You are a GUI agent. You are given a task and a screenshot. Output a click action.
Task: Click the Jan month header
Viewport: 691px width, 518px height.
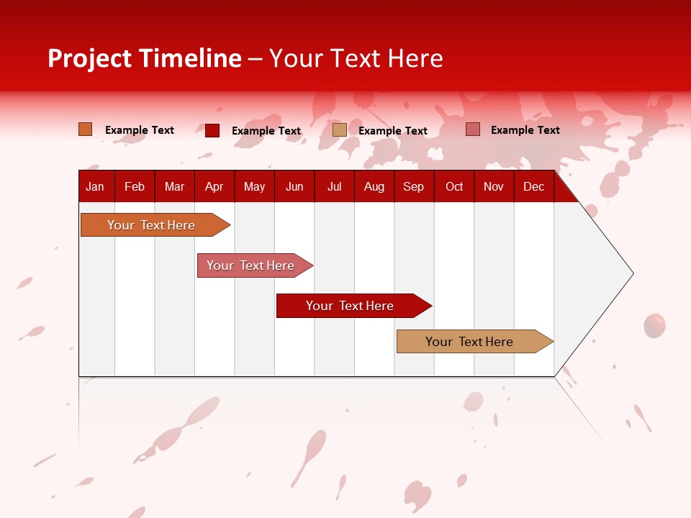point(95,186)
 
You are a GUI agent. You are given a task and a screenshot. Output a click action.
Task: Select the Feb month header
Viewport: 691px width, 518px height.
point(135,186)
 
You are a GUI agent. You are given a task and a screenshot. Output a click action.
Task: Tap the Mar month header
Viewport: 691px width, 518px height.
point(174,186)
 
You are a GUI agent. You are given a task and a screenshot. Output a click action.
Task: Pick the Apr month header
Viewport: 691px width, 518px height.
point(214,186)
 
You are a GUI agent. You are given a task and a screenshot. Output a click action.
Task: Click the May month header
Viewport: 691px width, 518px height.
point(254,186)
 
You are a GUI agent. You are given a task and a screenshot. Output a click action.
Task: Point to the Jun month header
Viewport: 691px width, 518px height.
point(294,186)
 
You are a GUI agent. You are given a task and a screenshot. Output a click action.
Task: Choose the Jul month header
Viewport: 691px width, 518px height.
point(334,186)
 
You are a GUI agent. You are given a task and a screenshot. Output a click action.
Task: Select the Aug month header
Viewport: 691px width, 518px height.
point(374,186)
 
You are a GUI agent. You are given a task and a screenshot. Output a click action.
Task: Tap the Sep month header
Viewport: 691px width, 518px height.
point(413,186)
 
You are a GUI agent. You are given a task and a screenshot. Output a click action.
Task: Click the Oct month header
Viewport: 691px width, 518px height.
point(454,186)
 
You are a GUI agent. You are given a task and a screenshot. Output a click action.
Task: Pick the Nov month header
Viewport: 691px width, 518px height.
point(494,186)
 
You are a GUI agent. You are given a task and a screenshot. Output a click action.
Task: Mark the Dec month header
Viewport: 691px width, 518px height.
point(533,186)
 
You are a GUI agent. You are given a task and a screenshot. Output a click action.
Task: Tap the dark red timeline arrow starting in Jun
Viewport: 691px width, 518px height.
point(351,306)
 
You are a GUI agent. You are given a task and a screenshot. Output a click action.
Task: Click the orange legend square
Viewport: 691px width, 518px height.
point(86,129)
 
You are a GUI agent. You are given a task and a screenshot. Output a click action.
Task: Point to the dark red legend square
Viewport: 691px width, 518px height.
point(212,130)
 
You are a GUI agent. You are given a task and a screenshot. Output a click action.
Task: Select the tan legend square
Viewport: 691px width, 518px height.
point(340,130)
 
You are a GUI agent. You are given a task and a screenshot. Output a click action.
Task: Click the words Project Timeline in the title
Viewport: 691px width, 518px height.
point(145,58)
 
